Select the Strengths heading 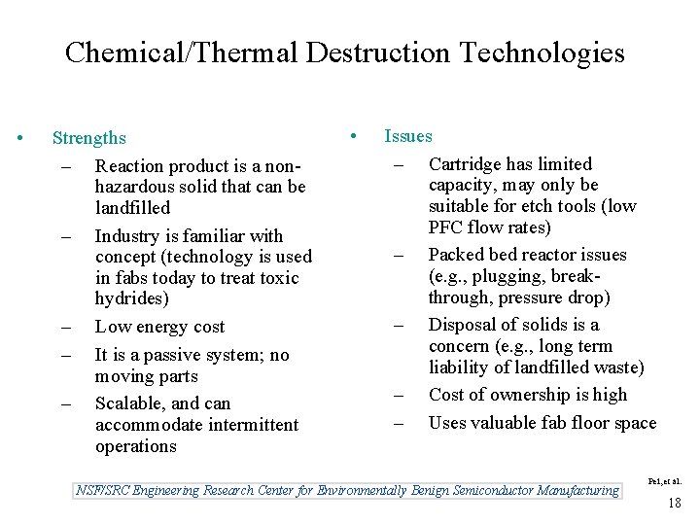89,139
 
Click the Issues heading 408,136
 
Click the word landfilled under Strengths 132,207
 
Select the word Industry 126,235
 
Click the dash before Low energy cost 64,328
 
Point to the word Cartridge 462,164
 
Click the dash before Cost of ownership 397,396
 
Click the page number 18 673,503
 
